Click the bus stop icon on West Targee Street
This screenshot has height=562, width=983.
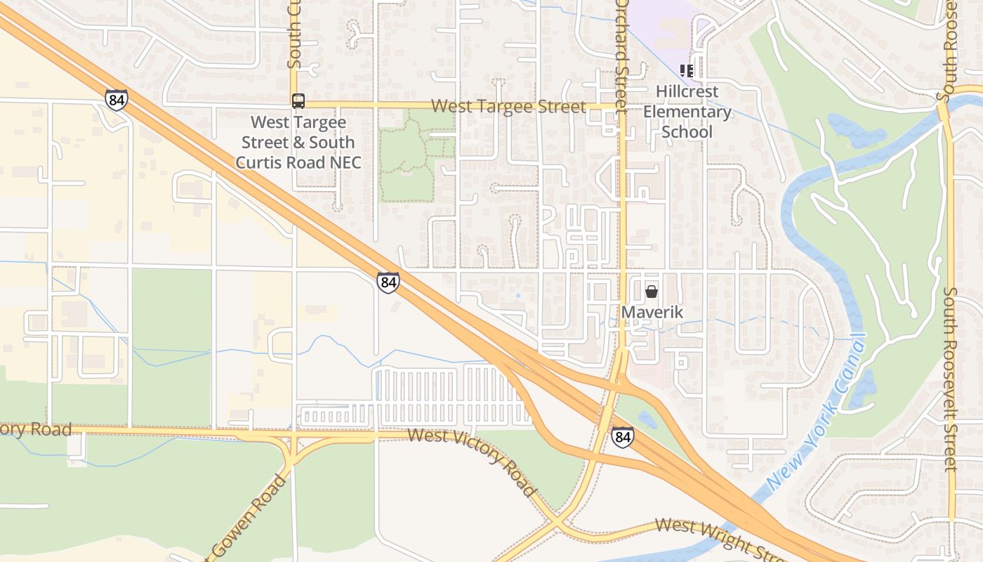click(x=298, y=101)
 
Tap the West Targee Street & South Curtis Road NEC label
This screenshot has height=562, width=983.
click(x=298, y=143)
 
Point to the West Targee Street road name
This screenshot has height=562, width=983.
click(x=508, y=107)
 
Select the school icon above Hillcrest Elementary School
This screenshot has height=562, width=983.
click(x=687, y=70)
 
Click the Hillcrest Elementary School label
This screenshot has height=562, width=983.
click(x=687, y=112)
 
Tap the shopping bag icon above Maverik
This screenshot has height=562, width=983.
click(x=652, y=292)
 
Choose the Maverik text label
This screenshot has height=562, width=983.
click(x=652, y=311)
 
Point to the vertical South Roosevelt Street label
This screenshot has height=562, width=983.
click(x=950, y=379)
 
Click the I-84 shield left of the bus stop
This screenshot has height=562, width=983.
click(x=117, y=100)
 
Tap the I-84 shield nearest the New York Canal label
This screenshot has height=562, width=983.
click(x=622, y=437)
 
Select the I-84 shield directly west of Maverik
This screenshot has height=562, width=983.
click(x=388, y=282)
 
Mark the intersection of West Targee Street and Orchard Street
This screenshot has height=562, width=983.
click(x=622, y=106)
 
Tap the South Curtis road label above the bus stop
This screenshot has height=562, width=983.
click(x=293, y=35)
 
